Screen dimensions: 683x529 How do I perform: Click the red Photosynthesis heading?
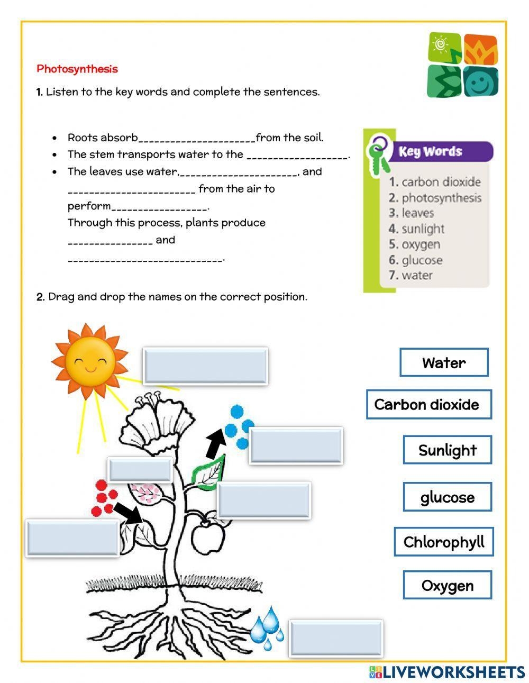click(x=77, y=69)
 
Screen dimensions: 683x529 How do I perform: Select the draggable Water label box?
click(x=444, y=362)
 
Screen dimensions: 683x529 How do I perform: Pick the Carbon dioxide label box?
click(x=428, y=405)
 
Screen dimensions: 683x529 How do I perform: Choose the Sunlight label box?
click(x=448, y=450)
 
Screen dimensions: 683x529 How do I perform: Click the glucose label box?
click(x=448, y=497)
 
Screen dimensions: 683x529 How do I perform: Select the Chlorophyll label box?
click(x=444, y=542)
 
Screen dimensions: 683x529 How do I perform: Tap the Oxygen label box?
click(x=448, y=585)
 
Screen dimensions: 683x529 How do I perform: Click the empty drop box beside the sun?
click(x=205, y=366)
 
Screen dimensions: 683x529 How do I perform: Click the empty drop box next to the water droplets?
click(x=336, y=638)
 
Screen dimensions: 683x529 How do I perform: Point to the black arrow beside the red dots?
click(x=128, y=513)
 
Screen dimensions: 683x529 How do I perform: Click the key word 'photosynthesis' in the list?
click(x=441, y=198)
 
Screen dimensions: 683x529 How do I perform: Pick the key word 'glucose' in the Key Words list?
click(x=422, y=260)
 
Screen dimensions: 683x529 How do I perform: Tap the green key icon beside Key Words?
click(x=379, y=154)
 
